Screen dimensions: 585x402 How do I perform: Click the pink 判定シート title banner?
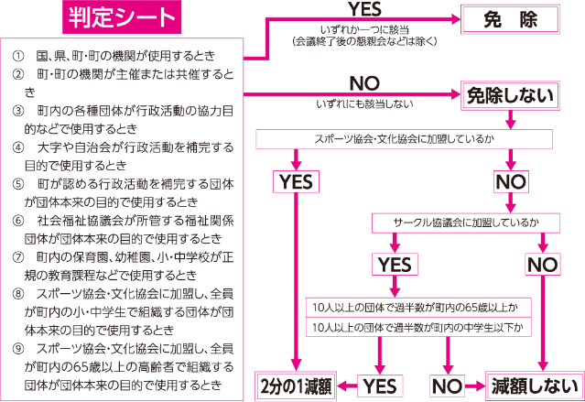coord(122,17)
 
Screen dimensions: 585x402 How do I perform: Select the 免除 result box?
coord(510,19)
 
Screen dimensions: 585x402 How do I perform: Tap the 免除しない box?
coord(510,95)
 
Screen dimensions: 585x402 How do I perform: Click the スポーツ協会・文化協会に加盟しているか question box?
coord(404,139)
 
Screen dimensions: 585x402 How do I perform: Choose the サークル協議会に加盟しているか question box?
coord(466,223)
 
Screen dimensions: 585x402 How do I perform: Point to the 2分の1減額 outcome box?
coord(296,386)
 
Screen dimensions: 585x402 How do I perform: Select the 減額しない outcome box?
coord(535,386)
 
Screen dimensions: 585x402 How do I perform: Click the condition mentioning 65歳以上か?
coord(418,308)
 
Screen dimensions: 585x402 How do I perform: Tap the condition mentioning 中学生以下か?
coord(418,327)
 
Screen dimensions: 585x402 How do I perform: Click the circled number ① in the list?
coord(18,56)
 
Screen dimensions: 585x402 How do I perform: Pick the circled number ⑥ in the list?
coord(18,221)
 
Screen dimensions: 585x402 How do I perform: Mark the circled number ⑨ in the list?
coord(18,349)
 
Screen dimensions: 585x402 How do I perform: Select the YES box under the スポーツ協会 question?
coord(296,182)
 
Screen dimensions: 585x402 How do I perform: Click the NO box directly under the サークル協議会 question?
coord(543,265)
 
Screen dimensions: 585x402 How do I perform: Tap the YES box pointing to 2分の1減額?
coord(380,386)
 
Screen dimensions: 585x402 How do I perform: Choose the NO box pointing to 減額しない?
coord(448,386)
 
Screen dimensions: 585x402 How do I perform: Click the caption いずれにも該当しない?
coord(364,103)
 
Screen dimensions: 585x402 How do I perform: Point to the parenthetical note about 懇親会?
coord(364,41)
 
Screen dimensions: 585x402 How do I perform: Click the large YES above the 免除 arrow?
coord(365,9)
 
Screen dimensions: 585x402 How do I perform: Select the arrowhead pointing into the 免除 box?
coord(456,19)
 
